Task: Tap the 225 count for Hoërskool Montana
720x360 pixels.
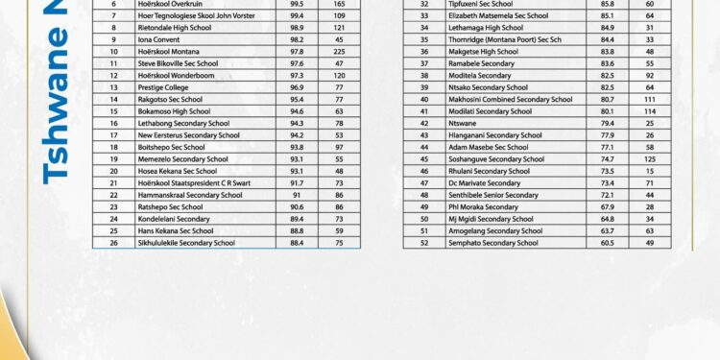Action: [x=339, y=52]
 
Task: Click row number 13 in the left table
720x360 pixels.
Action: [x=114, y=87]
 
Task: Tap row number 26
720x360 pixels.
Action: [x=114, y=243]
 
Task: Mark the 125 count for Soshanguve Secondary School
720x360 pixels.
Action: [x=650, y=159]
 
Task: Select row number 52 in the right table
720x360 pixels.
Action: [x=424, y=243]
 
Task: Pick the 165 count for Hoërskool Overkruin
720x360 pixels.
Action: [x=339, y=4]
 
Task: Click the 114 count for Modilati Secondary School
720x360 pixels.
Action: [x=650, y=111]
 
